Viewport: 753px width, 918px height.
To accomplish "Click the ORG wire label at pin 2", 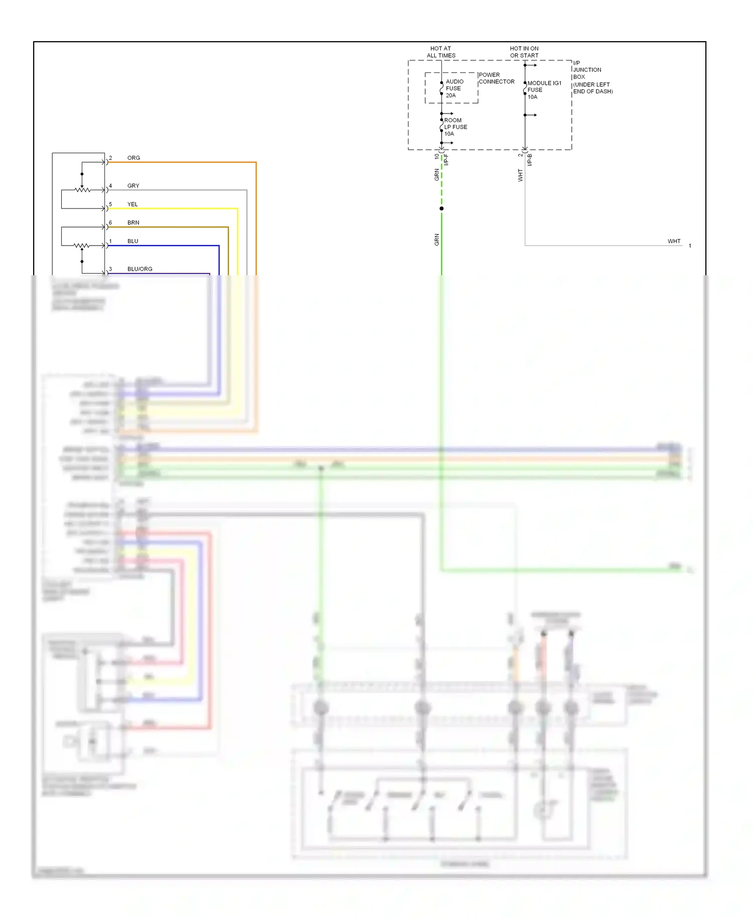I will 134,158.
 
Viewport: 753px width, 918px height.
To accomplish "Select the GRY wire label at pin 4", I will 133,186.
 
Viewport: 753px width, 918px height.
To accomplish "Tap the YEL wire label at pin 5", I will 133,204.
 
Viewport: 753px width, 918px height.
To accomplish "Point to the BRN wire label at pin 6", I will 133,222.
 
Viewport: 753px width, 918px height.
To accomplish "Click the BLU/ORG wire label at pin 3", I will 140,269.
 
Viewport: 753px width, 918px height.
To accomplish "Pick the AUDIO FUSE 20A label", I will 454,88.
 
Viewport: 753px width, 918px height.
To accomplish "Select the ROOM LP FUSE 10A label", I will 455,127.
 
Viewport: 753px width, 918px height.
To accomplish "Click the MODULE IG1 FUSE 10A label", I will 544,90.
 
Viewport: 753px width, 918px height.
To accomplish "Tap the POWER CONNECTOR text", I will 496,78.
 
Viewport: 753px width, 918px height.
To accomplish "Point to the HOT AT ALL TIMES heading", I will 441,52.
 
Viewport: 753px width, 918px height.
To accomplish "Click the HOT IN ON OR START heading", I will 524,52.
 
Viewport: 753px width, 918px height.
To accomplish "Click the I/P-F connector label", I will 446,160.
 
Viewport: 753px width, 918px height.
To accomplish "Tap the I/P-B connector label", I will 530,160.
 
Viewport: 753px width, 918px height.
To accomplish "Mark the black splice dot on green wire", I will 441,208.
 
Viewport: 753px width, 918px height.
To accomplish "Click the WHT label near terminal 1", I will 674,242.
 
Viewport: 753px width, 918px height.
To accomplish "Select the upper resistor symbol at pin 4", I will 82,190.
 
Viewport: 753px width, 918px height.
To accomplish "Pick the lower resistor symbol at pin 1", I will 81,246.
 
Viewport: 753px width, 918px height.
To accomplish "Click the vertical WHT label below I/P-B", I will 520,175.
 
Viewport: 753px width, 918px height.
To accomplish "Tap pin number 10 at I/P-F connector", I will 436,157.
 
